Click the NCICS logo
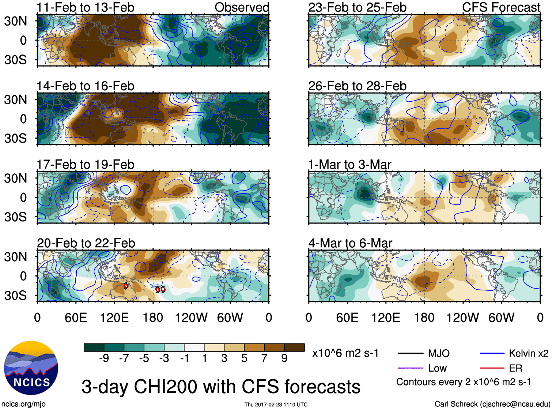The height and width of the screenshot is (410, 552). (31, 368)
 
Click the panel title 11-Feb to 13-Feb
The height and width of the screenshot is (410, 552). (85, 7)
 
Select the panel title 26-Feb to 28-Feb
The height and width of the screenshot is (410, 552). (357, 86)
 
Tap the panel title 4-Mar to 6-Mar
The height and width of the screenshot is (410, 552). (350, 243)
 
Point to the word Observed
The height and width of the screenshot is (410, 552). (242, 7)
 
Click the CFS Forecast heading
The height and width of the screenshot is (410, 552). (501, 7)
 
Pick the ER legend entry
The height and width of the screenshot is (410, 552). (515, 368)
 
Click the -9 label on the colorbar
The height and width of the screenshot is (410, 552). (104, 358)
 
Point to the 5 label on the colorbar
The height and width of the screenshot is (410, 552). (244, 358)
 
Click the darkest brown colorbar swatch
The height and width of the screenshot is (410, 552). (294, 347)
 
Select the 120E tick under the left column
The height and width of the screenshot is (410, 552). (114, 318)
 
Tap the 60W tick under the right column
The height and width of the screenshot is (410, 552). (501, 318)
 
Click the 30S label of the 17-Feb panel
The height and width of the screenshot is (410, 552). (15, 217)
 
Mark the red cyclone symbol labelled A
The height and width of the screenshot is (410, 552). (126, 286)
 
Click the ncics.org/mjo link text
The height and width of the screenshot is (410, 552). (23, 404)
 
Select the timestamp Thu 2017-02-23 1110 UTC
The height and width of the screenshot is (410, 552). (276, 405)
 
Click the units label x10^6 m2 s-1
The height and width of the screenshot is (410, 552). (345, 353)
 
